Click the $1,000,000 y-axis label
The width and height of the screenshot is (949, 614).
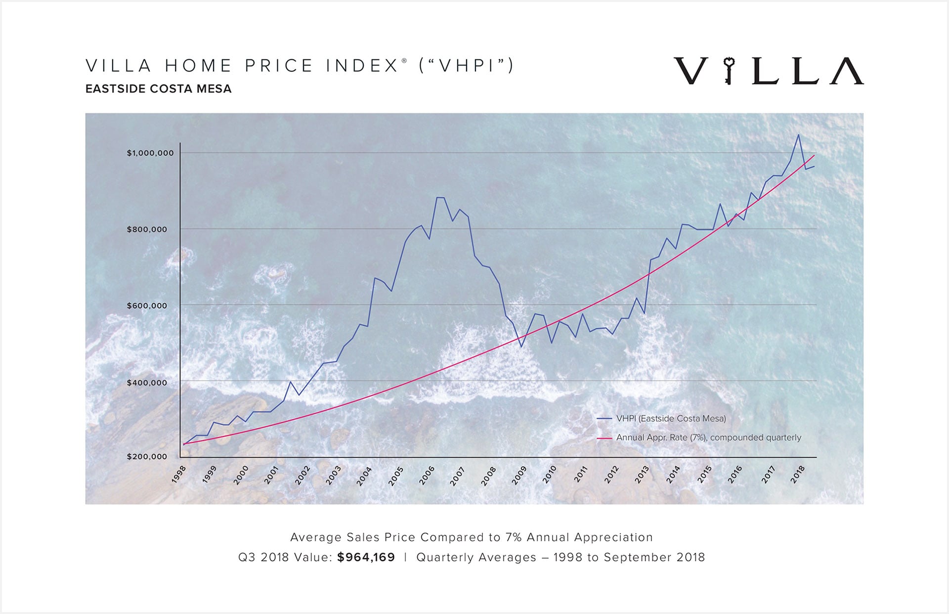150,153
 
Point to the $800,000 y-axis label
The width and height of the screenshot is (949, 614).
147,229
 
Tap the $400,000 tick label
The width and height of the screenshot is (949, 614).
147,383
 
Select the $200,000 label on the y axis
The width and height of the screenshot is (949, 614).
147,456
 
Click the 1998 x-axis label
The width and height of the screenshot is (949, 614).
179,474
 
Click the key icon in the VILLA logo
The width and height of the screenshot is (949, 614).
729,71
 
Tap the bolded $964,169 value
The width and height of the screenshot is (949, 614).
366,558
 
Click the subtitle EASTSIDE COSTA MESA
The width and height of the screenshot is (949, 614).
158,89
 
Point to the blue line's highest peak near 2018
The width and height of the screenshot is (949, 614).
798,135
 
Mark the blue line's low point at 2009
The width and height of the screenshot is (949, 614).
520,347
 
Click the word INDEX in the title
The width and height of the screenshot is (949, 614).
362,66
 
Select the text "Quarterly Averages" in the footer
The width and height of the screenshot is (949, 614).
476,558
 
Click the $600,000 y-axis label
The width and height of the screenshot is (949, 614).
147,306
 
